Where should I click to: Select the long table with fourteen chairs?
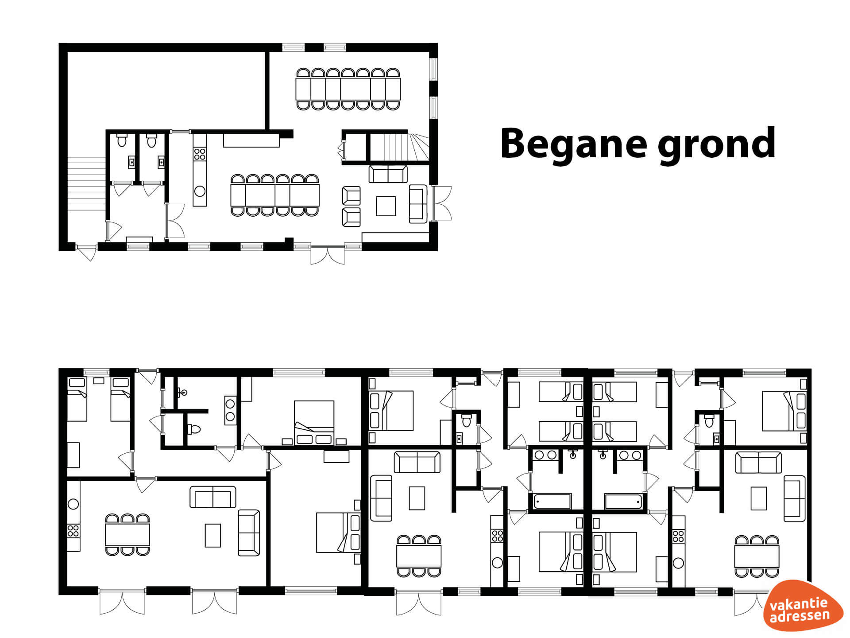coord(348,89)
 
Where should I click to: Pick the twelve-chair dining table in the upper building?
coord(275,195)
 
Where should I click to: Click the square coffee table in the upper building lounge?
coord(386,206)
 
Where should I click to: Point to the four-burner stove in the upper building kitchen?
coord(200,154)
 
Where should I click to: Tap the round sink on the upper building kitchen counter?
coord(200,191)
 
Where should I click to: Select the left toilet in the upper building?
coord(122,140)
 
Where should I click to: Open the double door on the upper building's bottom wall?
coord(328,254)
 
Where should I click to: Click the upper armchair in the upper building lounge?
coord(352,195)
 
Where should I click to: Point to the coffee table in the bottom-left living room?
coord(213,535)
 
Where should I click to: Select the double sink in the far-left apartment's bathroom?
coord(230,410)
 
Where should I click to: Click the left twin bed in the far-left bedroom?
coord(77,399)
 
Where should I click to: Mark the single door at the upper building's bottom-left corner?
coord(87,252)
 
